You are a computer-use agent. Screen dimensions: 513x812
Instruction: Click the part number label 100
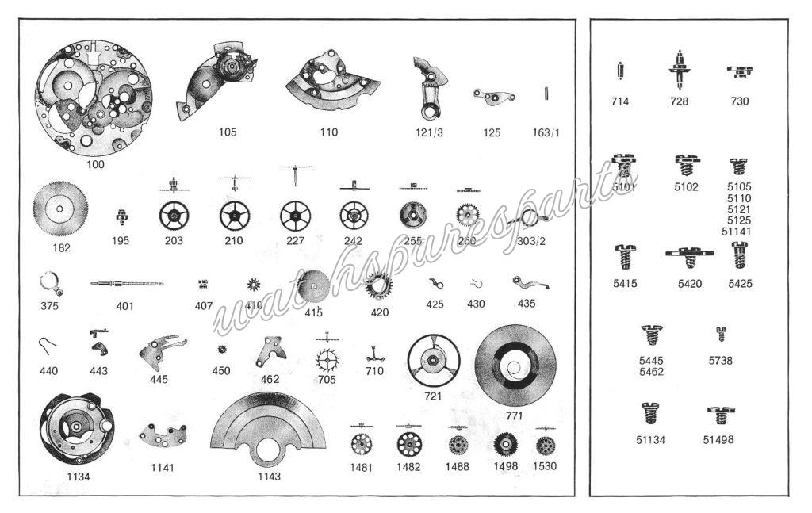[x=95, y=164]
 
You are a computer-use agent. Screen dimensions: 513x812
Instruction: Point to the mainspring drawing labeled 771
[x=515, y=366]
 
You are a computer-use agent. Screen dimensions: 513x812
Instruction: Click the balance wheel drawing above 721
[x=433, y=361]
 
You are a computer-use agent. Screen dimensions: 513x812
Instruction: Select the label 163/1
[x=546, y=132]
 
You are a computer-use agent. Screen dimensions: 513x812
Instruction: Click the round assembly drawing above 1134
[x=77, y=428]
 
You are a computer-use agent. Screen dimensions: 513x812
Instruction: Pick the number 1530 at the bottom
[x=544, y=466]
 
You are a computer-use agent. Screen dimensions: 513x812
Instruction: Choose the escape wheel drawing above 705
[x=327, y=362]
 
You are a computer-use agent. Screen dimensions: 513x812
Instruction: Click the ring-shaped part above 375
[x=50, y=281]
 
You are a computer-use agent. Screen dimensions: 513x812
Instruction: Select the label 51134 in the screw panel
[x=650, y=440]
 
